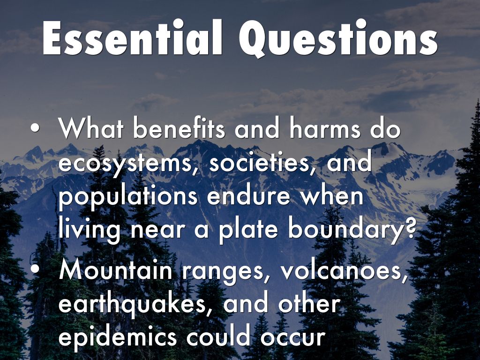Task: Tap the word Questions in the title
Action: [338, 38]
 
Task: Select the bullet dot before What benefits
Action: [35, 128]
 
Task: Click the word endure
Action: [248, 196]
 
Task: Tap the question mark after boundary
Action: [411, 228]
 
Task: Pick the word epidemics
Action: [118, 337]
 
